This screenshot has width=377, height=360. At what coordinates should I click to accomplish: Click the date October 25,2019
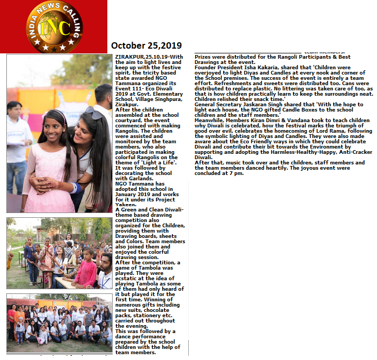click(146, 45)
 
